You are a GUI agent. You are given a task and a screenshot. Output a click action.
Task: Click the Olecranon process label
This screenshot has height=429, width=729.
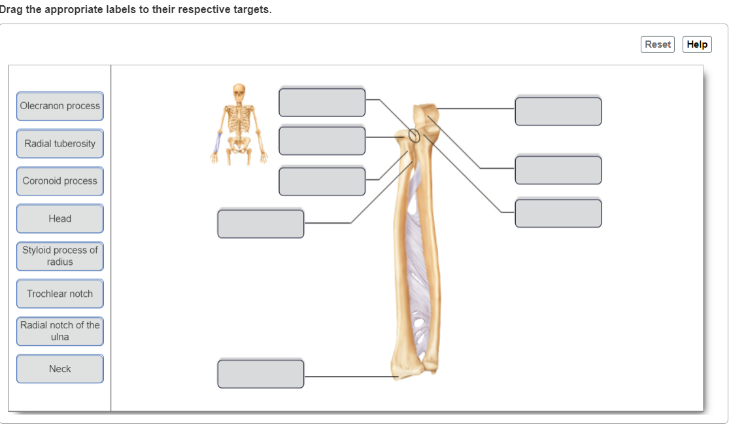point(60,106)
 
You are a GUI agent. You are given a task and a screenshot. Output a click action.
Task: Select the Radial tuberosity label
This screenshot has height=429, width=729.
point(60,144)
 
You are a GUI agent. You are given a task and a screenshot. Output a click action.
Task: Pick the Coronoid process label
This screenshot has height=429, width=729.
point(60,181)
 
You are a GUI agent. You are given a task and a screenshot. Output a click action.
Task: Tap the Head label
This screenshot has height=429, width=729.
point(60,218)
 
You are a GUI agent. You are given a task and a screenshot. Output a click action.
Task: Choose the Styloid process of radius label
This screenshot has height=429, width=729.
point(60,256)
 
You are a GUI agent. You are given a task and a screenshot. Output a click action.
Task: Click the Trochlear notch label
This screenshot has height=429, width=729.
point(60,294)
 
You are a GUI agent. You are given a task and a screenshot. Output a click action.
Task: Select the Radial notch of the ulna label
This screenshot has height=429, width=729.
point(60,331)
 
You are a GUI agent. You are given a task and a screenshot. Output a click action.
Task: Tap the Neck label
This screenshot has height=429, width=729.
point(60,369)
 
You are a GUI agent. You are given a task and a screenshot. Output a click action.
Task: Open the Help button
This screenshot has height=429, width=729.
point(697,44)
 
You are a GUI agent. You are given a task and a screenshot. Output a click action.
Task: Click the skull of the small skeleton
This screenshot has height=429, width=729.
point(239,92)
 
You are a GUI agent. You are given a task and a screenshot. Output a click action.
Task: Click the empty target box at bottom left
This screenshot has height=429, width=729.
point(261,374)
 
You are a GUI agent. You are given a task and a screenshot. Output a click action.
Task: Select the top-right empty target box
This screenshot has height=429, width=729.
point(558,111)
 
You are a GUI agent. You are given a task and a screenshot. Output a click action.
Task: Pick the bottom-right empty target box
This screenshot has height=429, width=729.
point(558,214)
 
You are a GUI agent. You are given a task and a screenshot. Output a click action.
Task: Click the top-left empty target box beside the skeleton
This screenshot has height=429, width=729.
point(322,102)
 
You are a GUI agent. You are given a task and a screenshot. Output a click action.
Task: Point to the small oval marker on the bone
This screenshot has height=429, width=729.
point(414,135)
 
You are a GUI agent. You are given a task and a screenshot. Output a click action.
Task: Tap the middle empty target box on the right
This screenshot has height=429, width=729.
point(558,170)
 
